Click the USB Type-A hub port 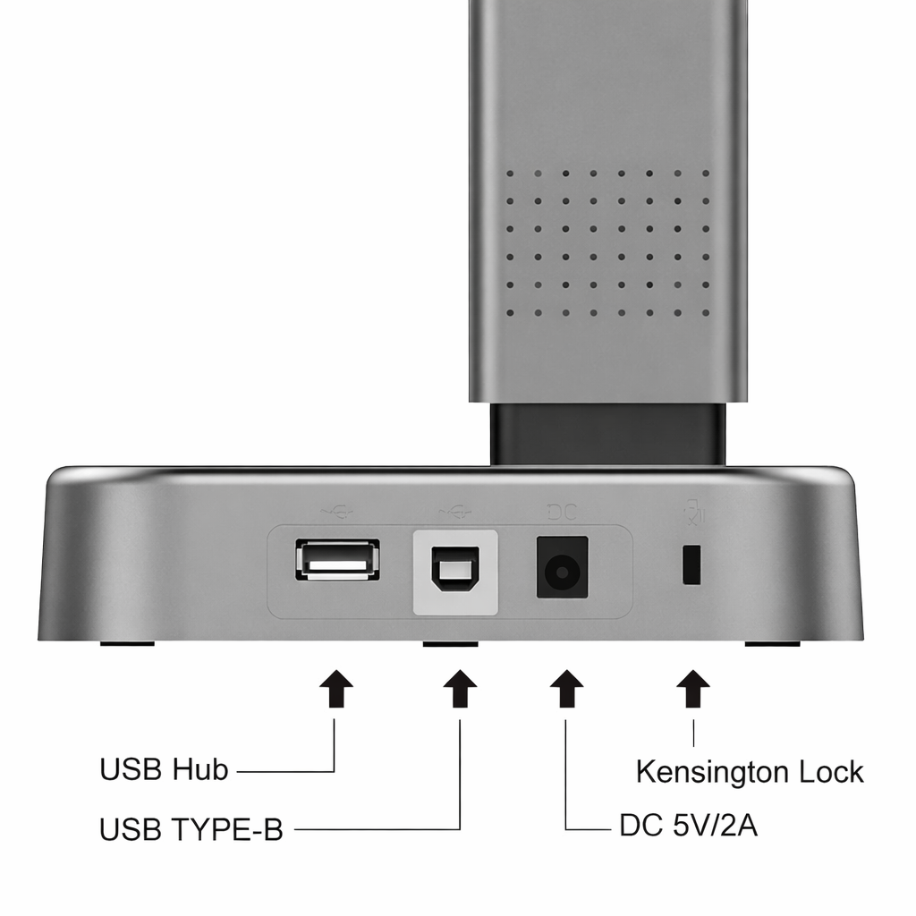pos(337,560)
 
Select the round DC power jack pos(562,567)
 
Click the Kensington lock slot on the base pos(691,564)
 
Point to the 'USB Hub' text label pos(164,769)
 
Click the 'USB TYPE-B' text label pos(191,829)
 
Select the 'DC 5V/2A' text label pos(688,826)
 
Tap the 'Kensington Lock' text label pos(750,772)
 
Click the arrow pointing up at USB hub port pos(336,688)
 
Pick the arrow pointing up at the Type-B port pos(460,688)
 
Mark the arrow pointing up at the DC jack pos(566,688)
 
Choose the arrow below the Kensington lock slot pos(693,688)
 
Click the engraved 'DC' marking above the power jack pos(562,513)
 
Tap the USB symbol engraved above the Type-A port pos(337,513)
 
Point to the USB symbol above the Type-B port pos(454,513)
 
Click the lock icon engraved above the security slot pos(694,512)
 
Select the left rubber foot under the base pos(127,643)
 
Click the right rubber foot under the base pos(772,643)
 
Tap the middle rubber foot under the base pos(451,644)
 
